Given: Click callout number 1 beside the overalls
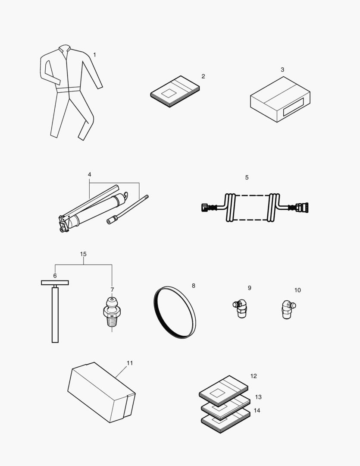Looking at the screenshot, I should click(x=94, y=55).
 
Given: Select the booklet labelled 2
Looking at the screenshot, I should click(x=175, y=91).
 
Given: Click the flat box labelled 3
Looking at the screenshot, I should click(x=280, y=99).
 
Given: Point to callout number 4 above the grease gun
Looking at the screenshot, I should click(x=89, y=175).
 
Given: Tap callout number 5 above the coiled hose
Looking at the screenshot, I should click(x=247, y=177).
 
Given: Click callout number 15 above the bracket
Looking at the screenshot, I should click(x=84, y=254).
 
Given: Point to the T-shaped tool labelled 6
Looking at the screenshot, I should click(x=55, y=311).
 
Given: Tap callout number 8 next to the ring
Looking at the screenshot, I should click(x=193, y=286).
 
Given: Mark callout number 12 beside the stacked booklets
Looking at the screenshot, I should click(x=254, y=376).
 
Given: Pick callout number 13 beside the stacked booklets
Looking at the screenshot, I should click(x=258, y=397).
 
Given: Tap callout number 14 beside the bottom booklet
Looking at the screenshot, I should click(x=257, y=410).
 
